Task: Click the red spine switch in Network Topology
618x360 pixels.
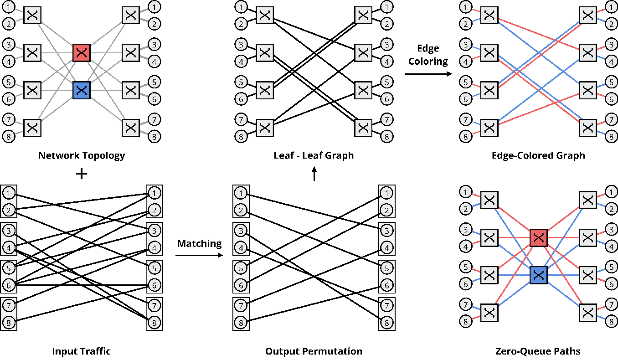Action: point(82,53)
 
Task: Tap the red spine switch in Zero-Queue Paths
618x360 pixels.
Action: point(538,237)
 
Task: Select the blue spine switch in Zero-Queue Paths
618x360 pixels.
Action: point(538,275)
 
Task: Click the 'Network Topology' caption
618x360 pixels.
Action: point(82,155)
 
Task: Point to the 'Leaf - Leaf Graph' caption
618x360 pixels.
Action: point(314,155)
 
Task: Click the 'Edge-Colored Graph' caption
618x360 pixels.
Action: point(538,155)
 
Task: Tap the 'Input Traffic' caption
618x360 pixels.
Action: point(82,351)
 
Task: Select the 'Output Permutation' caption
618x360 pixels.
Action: point(314,351)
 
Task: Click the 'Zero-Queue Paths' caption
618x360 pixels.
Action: point(538,351)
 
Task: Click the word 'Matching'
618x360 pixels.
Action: point(200,243)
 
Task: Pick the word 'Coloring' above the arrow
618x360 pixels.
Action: point(428,61)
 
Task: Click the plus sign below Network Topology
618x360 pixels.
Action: point(81,174)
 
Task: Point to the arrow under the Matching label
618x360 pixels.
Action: point(200,255)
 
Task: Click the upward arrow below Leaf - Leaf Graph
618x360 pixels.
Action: point(314,174)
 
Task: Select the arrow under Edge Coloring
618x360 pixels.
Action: point(428,73)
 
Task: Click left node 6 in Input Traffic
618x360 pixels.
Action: point(8,285)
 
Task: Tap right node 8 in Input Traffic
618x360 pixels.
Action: point(154,323)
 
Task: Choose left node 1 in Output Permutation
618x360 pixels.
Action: point(240,193)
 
